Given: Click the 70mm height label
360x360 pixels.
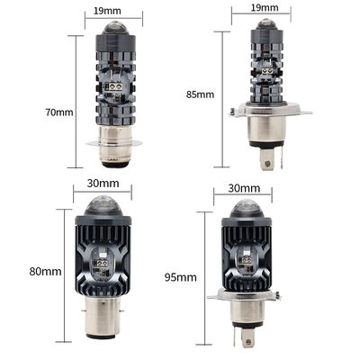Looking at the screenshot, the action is pyautogui.click(x=59, y=112).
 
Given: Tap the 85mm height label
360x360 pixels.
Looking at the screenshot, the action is pyautogui.click(x=200, y=94).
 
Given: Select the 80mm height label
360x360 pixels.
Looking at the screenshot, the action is pyautogui.click(x=45, y=272).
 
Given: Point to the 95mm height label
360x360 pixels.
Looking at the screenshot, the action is pyautogui.click(x=181, y=277).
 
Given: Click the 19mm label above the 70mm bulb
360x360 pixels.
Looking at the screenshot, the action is pyautogui.click(x=107, y=11).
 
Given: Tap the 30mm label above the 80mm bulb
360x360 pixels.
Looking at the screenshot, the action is pyautogui.click(x=103, y=183).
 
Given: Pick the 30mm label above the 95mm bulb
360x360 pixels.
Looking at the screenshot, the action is pyautogui.click(x=244, y=188).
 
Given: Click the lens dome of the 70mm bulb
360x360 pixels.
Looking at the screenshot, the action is pyautogui.click(x=114, y=28).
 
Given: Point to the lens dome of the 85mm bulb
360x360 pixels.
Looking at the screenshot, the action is pyautogui.click(x=265, y=24).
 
